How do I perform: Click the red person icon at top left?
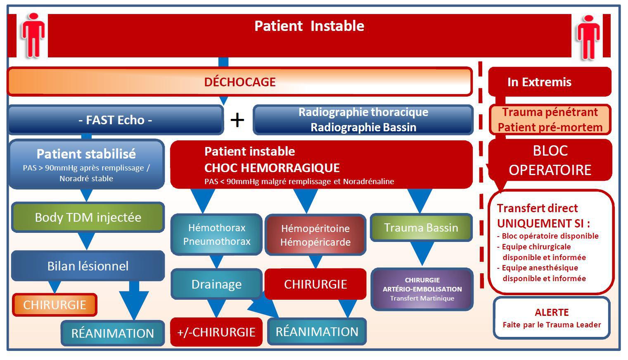(33, 36)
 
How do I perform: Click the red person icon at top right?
(588, 37)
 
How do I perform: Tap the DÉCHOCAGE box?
(240, 82)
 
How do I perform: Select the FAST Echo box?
(116, 120)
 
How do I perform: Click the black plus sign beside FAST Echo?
(237, 120)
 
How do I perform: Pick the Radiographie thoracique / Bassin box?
(363, 120)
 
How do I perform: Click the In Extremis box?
(550, 82)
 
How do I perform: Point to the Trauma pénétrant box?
(550, 120)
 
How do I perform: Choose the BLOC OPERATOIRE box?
(550, 160)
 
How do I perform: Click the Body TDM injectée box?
(88, 217)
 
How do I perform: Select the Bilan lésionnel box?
(88, 266)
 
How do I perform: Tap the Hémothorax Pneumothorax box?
(216, 234)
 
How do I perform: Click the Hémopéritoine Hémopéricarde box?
(315, 235)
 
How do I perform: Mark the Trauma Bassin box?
(421, 227)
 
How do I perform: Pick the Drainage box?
(216, 284)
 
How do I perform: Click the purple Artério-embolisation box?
(422, 289)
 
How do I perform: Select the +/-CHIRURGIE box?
(216, 332)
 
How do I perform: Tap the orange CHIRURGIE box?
(55, 305)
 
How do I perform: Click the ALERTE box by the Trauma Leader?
(552, 318)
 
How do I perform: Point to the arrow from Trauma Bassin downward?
(422, 253)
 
